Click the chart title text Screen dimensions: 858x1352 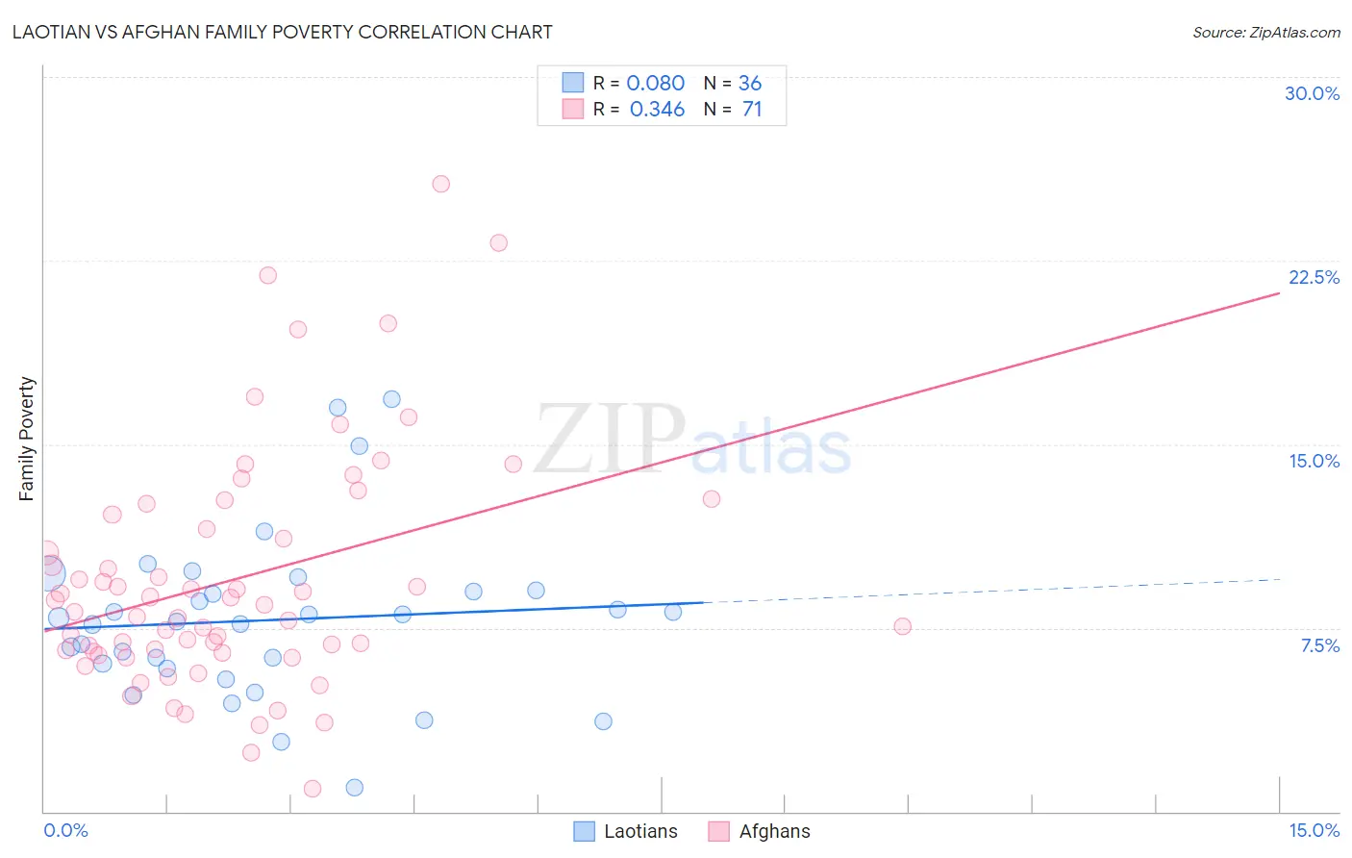(x=284, y=32)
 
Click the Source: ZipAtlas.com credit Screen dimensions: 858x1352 (x=1265, y=32)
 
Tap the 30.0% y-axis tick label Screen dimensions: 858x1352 (x=1312, y=93)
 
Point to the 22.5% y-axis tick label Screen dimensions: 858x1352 (x=1314, y=277)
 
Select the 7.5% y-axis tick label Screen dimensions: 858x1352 (x=1319, y=645)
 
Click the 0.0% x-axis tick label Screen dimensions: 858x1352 (x=65, y=830)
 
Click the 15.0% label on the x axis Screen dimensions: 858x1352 (x=1314, y=830)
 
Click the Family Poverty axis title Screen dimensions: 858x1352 (x=26, y=439)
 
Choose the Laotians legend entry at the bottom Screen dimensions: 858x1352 (x=626, y=831)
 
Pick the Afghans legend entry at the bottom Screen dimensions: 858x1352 (x=760, y=831)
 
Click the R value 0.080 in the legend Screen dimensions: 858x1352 (x=655, y=84)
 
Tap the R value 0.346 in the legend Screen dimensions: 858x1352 (x=657, y=110)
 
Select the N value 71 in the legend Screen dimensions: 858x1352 (x=752, y=110)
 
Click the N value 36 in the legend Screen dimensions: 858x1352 (x=750, y=84)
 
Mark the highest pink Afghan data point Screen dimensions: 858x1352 (x=440, y=184)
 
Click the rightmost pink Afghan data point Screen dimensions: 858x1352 (x=902, y=626)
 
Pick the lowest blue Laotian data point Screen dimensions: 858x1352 (x=354, y=787)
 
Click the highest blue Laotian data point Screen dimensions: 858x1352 (x=391, y=399)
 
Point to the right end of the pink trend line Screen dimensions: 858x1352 (x=1279, y=292)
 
